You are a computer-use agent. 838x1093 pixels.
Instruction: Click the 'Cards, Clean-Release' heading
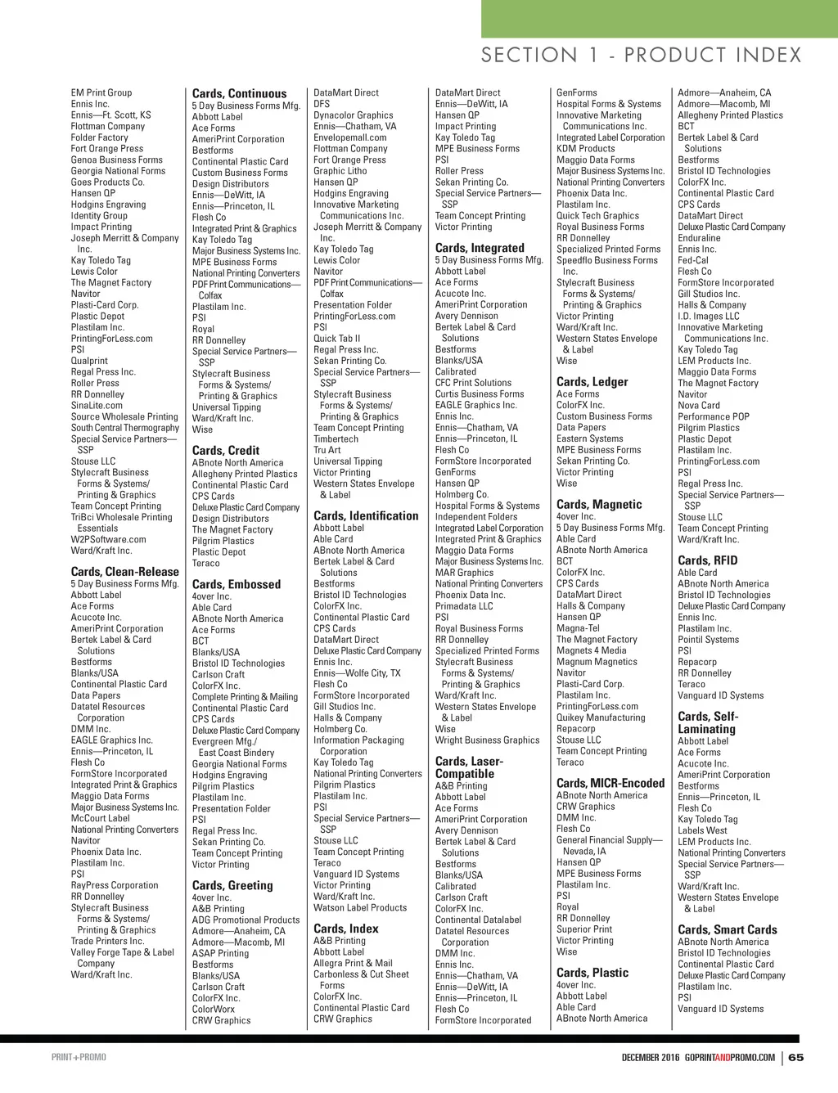(x=124, y=572)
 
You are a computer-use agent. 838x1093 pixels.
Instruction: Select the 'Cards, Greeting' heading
(x=232, y=885)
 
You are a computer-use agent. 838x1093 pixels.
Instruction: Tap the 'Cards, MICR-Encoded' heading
(x=610, y=783)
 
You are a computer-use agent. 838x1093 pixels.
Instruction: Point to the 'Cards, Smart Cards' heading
(x=728, y=929)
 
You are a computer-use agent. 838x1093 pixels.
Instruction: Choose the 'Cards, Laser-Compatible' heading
(x=469, y=767)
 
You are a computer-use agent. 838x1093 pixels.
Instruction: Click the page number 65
(x=796, y=1057)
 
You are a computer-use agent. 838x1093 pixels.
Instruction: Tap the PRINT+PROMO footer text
(x=79, y=1057)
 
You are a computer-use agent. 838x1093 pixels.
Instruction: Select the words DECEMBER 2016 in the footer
(x=651, y=1057)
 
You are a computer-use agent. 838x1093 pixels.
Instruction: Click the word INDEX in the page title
(x=769, y=56)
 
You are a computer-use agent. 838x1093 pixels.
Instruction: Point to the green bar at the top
(x=659, y=18)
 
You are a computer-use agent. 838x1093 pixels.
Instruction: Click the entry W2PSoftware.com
(x=108, y=539)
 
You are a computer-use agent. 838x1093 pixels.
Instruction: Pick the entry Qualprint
(x=89, y=361)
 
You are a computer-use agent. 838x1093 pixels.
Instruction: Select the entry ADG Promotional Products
(x=246, y=920)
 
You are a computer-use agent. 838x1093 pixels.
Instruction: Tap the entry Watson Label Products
(x=360, y=907)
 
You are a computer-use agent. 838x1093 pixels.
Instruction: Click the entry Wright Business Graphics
(x=487, y=740)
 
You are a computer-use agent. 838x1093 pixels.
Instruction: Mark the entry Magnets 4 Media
(x=591, y=650)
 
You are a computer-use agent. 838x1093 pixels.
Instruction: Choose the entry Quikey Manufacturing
(x=601, y=717)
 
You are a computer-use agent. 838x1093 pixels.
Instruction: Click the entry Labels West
(x=702, y=830)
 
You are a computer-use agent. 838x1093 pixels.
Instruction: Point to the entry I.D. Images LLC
(x=708, y=316)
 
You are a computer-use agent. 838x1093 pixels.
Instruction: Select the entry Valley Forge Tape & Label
(x=122, y=952)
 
